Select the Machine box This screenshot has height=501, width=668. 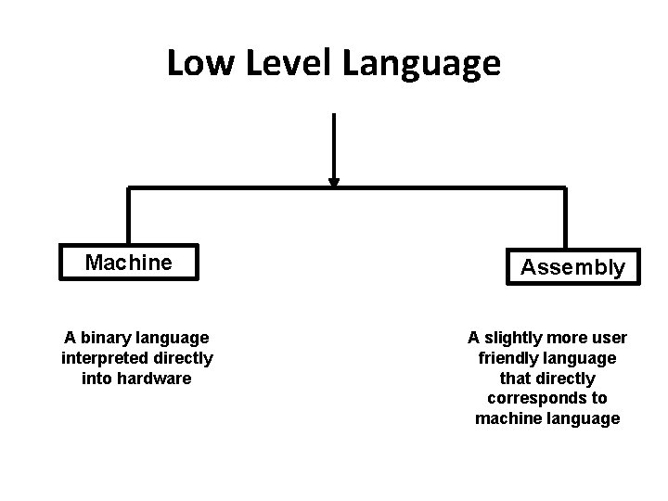pyautogui.click(x=128, y=263)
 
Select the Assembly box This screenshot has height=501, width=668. pyautogui.click(x=572, y=268)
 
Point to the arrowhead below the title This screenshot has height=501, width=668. pyautogui.click(x=334, y=183)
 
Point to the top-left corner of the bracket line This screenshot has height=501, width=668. pyautogui.click(x=129, y=189)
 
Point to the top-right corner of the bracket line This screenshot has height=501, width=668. pyautogui.click(x=564, y=189)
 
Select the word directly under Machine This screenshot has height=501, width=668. pyautogui.click(x=184, y=358)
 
